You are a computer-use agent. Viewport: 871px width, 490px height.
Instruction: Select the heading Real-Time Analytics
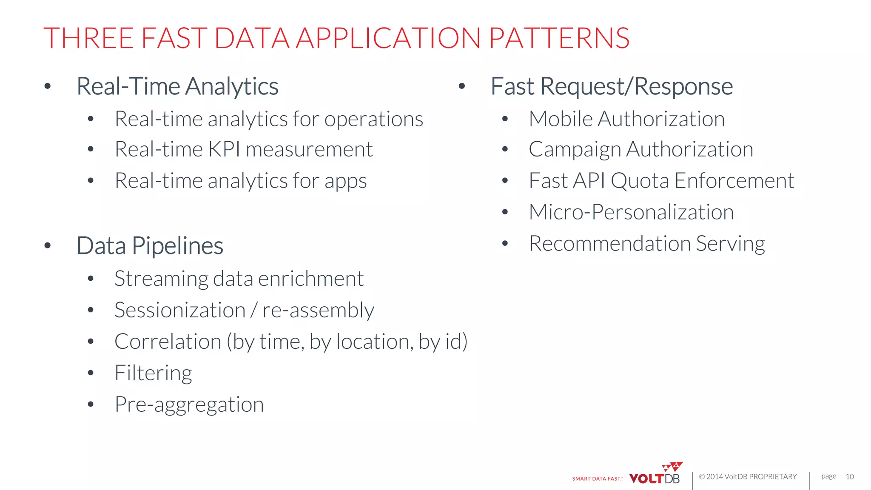[177, 86]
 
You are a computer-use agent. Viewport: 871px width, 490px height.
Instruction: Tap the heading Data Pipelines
[150, 246]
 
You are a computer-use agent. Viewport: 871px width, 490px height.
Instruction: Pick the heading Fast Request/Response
[612, 86]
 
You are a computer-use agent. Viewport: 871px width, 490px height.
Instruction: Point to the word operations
[373, 120]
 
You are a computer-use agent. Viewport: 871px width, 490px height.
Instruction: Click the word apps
[345, 182]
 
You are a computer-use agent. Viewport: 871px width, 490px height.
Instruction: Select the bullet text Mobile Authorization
[626, 119]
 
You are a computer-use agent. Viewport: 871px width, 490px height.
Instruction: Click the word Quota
[640, 181]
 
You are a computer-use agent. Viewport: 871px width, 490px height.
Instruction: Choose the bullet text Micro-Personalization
[631, 212]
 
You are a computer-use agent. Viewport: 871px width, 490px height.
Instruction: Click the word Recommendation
[609, 243]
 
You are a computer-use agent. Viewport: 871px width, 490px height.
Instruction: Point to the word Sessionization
[180, 310]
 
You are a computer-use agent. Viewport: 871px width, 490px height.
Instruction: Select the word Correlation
[168, 342]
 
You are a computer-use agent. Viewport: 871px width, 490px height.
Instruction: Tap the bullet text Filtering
[153, 373]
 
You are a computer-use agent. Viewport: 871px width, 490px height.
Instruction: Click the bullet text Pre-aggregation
[189, 405]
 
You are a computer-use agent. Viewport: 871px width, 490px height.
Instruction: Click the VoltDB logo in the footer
[655, 475]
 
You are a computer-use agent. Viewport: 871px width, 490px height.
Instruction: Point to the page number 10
[849, 477]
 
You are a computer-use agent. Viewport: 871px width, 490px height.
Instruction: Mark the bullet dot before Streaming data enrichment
[90, 279]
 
